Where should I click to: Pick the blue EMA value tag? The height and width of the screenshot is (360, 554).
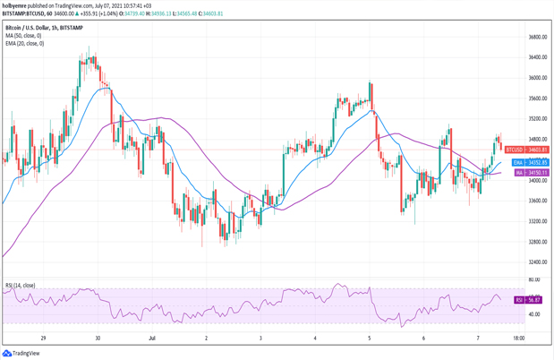pos(518,162)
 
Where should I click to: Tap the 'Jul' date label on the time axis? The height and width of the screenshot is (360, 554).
pos(151,339)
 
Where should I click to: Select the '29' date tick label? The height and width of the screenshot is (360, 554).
pos(42,339)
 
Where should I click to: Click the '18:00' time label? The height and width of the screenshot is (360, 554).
pos(517,339)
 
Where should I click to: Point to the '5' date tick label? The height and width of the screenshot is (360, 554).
pos(370,339)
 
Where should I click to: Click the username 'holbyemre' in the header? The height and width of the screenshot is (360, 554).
pos(16,5)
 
